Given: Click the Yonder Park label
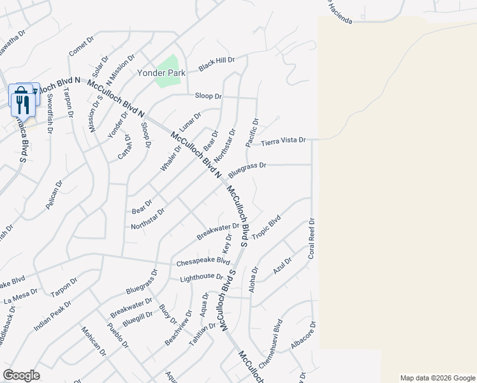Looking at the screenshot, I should [161, 73].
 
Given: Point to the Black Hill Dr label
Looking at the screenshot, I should [217, 64].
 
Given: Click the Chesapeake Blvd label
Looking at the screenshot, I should [204, 261].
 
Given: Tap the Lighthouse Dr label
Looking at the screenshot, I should [202, 278].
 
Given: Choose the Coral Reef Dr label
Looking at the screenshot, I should [312, 239].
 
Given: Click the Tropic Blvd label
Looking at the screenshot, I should [267, 229].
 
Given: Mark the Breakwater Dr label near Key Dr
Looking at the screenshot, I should [217, 232].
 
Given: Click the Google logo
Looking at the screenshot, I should [21, 375].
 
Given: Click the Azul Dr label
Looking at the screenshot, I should [282, 266].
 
